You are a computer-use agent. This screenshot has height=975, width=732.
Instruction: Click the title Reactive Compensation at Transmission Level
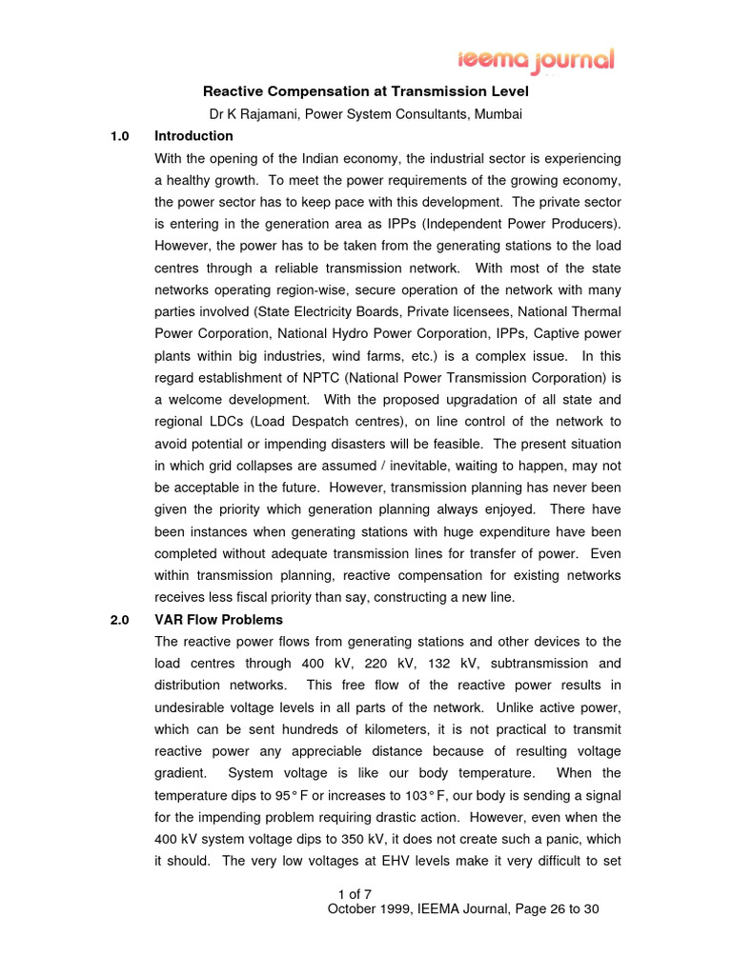click(366, 91)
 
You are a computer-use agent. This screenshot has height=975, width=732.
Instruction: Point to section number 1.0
click(119, 136)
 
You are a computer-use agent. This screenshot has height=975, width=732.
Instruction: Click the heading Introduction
click(193, 136)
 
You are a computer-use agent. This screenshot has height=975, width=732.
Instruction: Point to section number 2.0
click(119, 620)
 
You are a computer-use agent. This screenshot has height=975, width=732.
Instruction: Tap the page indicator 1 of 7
click(355, 893)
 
